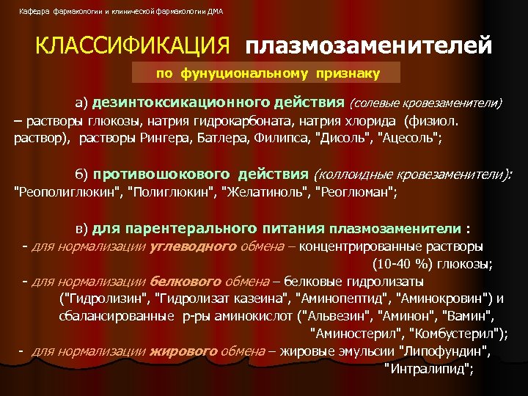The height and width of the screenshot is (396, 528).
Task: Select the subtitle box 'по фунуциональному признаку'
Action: (x=267, y=73)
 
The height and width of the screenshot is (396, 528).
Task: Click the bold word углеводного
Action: (x=192, y=246)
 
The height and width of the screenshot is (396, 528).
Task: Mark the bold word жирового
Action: (x=183, y=351)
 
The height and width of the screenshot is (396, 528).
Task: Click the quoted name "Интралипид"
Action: (x=429, y=368)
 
